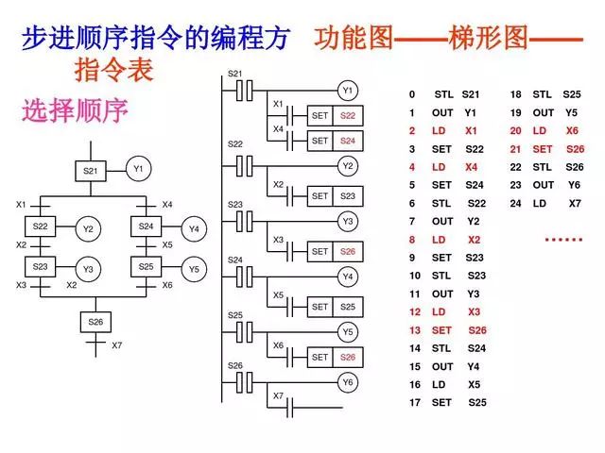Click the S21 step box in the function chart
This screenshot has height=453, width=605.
(x=92, y=171)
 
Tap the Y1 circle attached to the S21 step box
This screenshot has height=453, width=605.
(x=138, y=170)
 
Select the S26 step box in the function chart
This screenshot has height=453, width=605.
(x=95, y=321)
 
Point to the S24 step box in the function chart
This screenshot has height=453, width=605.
(x=146, y=227)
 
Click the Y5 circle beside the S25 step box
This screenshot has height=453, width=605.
(x=194, y=269)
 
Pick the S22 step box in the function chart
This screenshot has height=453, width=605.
(x=40, y=227)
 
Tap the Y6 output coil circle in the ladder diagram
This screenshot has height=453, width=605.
(x=348, y=382)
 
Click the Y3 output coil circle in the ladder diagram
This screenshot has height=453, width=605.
(x=348, y=222)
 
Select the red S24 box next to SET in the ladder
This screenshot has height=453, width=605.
(x=347, y=141)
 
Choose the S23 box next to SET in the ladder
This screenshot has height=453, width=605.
(x=347, y=196)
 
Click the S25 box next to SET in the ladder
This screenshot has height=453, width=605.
(x=347, y=307)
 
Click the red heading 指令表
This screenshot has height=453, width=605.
(x=114, y=72)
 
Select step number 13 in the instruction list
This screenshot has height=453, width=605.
(x=414, y=330)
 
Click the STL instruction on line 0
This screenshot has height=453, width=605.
(x=443, y=95)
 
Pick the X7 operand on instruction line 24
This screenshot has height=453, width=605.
(x=575, y=203)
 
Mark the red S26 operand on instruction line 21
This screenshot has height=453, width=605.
(x=575, y=149)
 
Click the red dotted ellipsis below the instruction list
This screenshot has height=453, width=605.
(x=563, y=240)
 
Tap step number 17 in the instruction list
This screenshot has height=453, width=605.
(x=414, y=403)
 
